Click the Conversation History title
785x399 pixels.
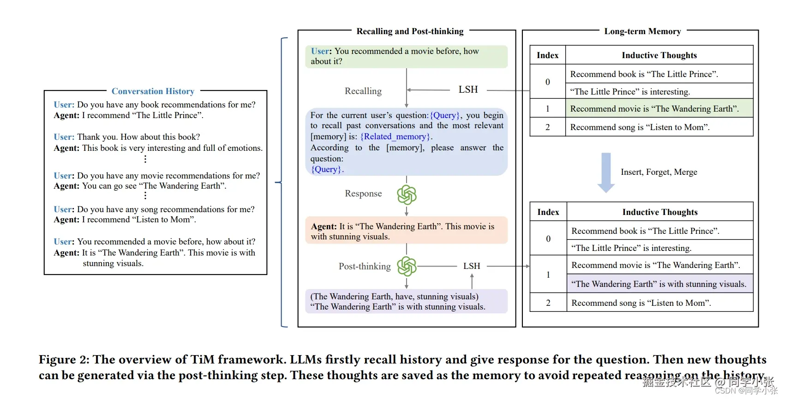pos(153,91)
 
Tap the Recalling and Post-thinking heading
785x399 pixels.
pos(410,31)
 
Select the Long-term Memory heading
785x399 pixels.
pos(643,31)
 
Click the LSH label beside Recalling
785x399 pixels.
pos(468,89)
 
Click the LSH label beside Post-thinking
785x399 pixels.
pos(472,266)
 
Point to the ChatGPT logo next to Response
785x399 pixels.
pos(407,194)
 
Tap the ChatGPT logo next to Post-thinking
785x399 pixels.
pos(407,266)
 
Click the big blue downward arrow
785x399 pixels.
pos(606,173)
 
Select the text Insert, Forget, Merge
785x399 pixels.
pos(659,172)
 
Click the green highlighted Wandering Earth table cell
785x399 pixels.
pos(659,108)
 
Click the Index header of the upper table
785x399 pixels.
pos(547,55)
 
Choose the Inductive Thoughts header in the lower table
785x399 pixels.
pos(660,212)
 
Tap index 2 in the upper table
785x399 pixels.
pos(547,127)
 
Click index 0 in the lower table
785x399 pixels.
pos(548,238)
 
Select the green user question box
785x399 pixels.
pos(407,56)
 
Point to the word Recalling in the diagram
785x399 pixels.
pos(363,91)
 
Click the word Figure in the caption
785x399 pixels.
pos(58,360)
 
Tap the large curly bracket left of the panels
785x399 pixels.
pos(282,182)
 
